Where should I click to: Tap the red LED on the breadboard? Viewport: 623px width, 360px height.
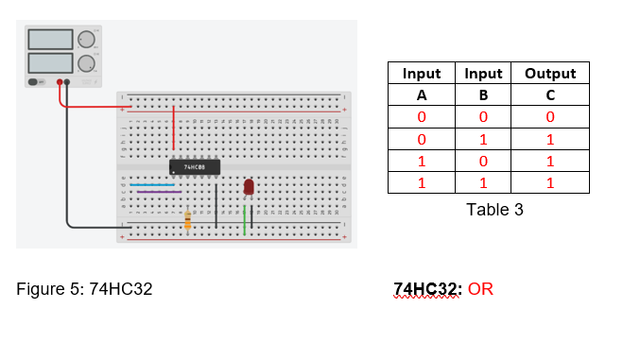(249, 188)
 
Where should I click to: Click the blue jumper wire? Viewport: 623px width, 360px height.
(151, 184)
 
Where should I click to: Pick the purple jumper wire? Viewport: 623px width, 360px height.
(159, 192)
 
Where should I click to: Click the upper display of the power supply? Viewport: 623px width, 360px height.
(51, 40)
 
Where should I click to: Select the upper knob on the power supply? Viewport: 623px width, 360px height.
(87, 40)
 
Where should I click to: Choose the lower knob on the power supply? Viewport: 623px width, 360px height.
(87, 64)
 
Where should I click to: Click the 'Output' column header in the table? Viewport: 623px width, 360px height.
(549, 74)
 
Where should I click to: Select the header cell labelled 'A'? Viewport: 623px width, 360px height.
(422, 95)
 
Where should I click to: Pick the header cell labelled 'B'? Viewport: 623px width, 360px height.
(482, 95)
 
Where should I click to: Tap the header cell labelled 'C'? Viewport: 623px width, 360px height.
(549, 95)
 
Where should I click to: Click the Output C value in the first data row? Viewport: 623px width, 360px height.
(549, 117)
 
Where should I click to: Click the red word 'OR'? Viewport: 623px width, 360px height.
(480, 288)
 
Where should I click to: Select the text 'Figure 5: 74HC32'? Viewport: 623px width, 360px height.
(85, 288)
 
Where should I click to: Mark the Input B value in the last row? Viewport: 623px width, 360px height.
(482, 182)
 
